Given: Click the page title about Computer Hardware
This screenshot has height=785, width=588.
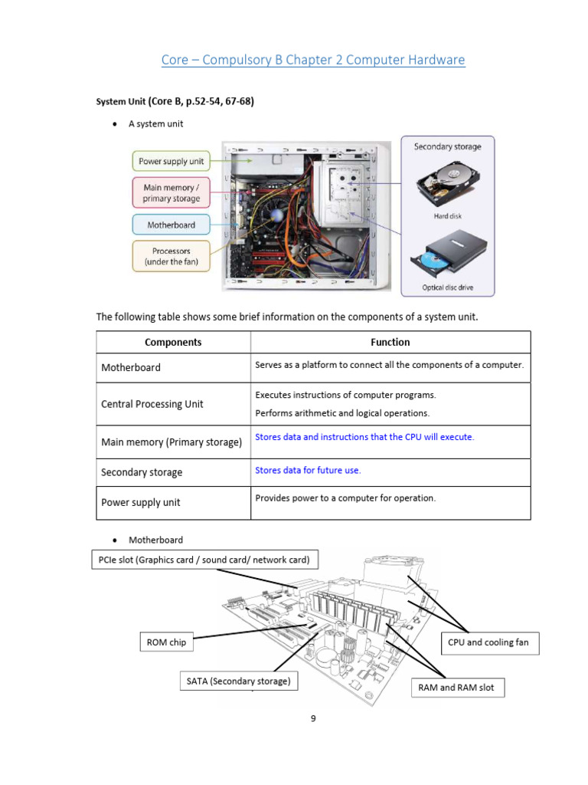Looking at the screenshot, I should [312, 60].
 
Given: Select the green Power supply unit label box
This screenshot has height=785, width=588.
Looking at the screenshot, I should [171, 162].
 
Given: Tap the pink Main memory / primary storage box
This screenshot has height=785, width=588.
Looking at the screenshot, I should [171, 192].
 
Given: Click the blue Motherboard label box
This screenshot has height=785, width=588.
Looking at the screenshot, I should [171, 225].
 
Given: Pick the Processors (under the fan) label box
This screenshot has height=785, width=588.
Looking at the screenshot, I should [171, 256].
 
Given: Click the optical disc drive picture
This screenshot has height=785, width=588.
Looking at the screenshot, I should [447, 256].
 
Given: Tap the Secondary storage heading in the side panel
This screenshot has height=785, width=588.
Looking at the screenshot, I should [447, 146].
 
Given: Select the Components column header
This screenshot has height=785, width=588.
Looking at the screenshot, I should [173, 343].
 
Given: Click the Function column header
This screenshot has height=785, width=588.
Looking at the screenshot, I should [390, 343].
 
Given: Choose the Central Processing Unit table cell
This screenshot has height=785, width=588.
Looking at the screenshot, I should [152, 404].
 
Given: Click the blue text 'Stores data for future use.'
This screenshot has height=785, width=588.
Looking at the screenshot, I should [308, 470].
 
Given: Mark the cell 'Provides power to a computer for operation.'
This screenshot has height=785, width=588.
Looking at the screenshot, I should [345, 498].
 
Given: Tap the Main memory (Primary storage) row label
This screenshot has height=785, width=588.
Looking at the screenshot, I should [171, 442].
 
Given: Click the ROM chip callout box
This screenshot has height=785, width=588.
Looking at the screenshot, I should [166, 642].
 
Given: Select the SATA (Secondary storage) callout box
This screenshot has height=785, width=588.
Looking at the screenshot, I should [238, 681].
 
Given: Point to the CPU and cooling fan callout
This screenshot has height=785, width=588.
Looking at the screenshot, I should [490, 642].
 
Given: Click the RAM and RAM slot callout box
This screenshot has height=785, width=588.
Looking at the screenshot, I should [457, 688].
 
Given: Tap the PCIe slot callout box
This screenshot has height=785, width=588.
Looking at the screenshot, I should [204, 560].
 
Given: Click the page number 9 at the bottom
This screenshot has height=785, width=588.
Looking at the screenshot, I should [313, 719].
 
